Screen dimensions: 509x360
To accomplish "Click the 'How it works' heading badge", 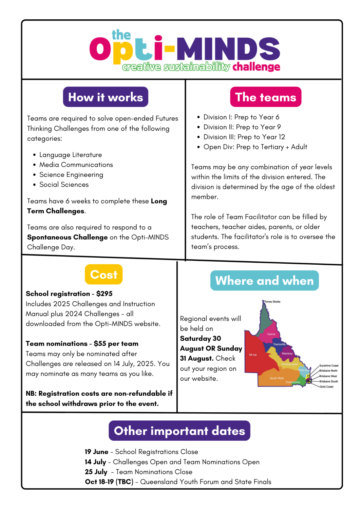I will pos(106,97).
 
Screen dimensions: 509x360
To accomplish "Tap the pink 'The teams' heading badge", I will pos(266,97).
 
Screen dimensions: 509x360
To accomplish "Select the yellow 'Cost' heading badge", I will pos(103,274).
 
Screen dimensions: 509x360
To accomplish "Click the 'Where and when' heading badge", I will pos(264,281).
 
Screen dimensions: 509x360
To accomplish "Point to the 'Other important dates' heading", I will pos(179,431).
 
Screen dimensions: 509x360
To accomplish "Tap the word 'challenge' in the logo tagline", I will pos(256,67).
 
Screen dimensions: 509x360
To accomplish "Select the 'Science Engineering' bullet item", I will pos(71,175).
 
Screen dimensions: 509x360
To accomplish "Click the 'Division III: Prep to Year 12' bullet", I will pos(244,137).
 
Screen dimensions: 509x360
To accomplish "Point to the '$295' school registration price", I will pos(104,294).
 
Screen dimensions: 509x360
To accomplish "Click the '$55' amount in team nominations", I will pos(100,344).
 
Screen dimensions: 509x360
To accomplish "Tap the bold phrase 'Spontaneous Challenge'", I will pos(67,237).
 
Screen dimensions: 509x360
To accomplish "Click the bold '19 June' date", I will pos(96,452).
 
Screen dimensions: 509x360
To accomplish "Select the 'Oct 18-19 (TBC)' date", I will pos(109,482).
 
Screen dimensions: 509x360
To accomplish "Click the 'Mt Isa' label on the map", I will pos(253,355).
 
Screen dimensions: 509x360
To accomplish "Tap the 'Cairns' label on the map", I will pos(271,334).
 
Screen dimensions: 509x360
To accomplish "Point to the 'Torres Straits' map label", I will pos(272,302).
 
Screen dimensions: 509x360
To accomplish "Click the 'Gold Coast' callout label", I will pos(326,387).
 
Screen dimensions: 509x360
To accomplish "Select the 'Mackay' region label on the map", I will pos(287,354).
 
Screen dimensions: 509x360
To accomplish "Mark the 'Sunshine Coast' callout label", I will pos(328,365).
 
